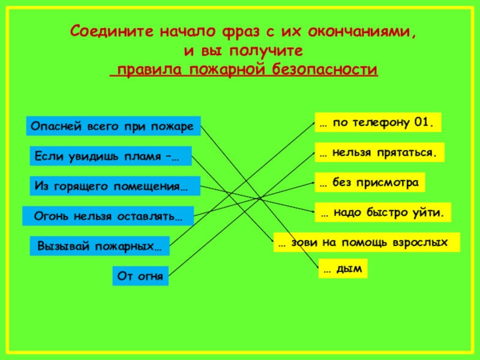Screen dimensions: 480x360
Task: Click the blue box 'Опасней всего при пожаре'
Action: coord(112,127)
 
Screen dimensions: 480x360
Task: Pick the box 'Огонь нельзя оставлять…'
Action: coord(108,215)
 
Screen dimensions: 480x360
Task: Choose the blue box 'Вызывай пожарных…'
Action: coord(100,246)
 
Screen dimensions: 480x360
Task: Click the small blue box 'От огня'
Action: coord(140,276)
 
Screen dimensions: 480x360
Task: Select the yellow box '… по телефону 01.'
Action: coord(378,122)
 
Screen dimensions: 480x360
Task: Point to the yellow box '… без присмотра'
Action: coord(370,183)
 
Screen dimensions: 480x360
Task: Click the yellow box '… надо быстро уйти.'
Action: coord(383,212)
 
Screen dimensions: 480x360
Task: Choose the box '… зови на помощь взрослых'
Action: coord(366,242)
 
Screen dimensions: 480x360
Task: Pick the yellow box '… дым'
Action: coord(343,269)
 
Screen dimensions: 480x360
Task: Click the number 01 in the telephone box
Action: coord(421,122)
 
